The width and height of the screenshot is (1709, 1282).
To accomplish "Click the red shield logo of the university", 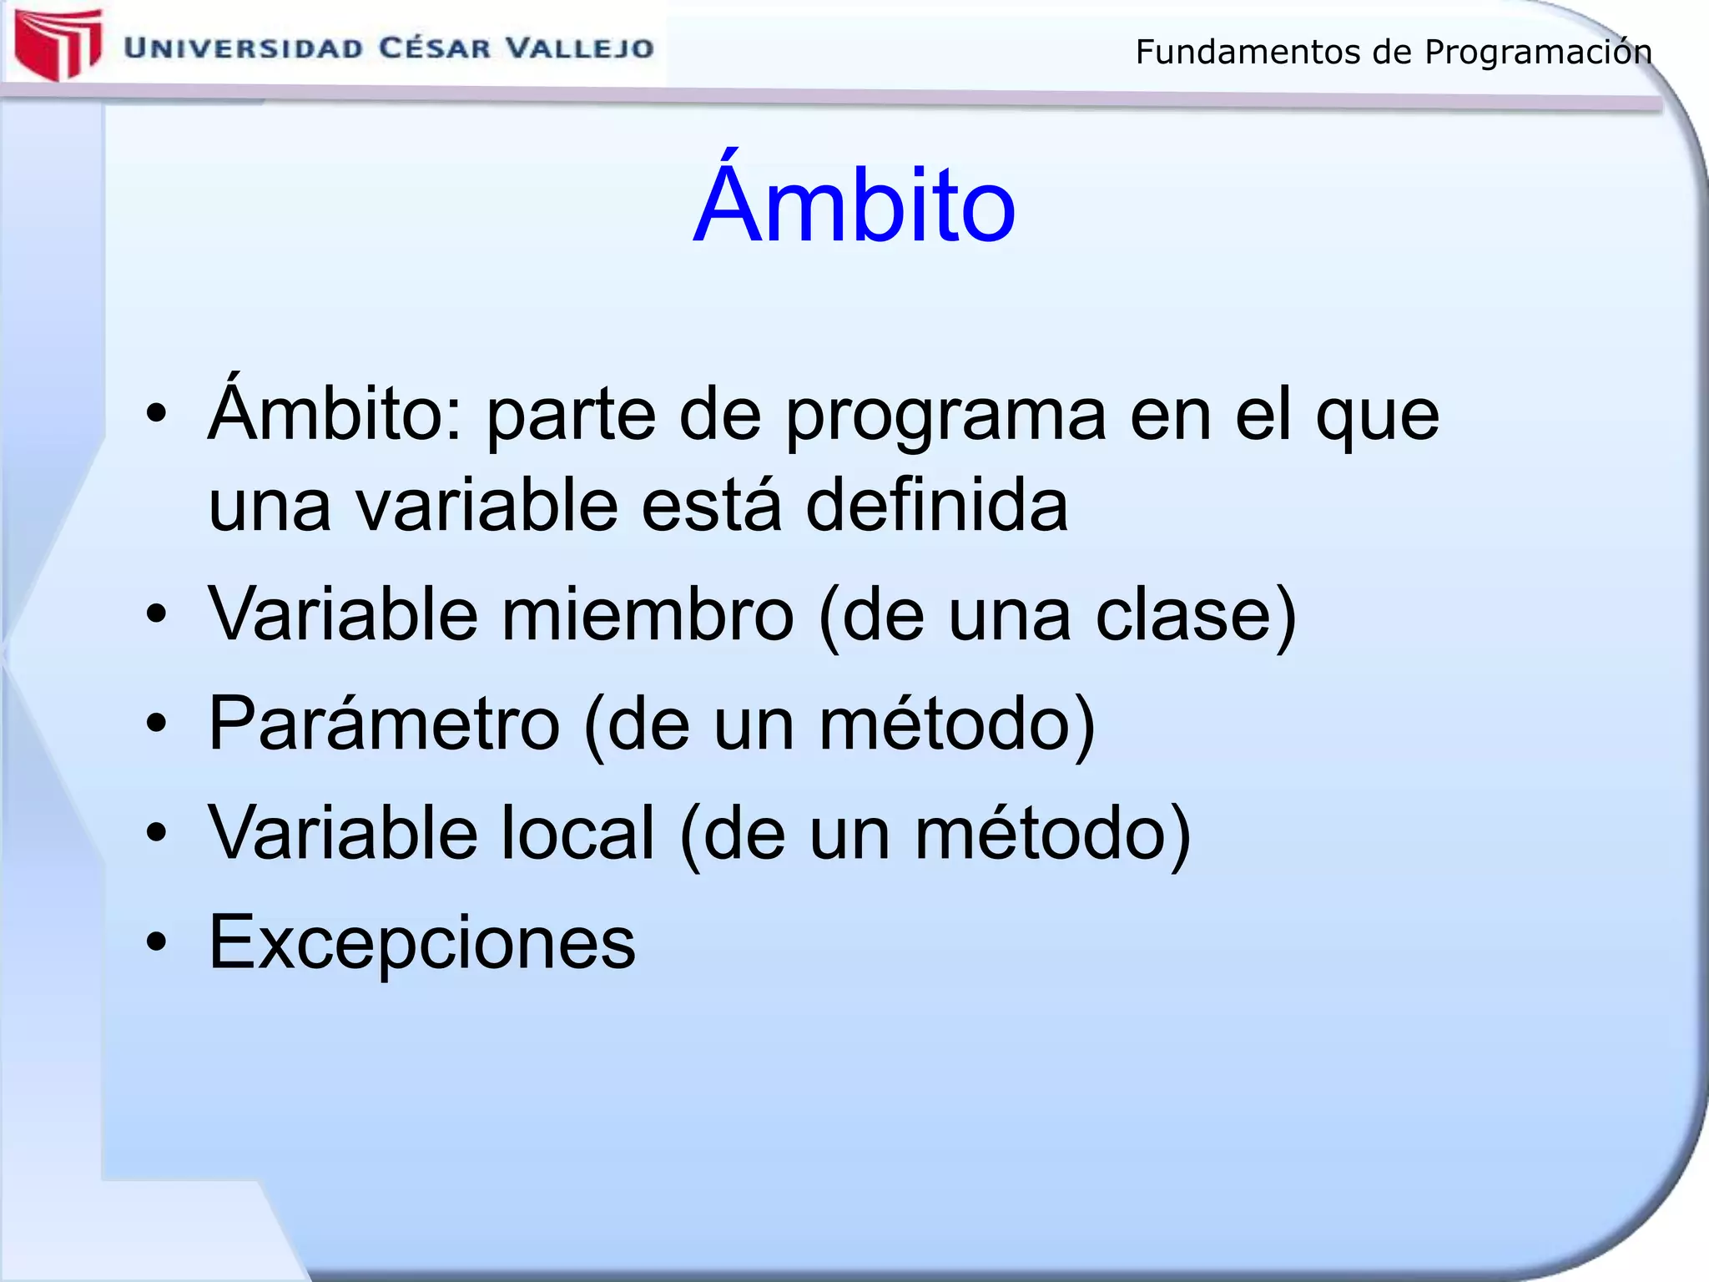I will click(57, 43).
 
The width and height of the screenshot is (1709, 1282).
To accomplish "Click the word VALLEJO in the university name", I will click(581, 48).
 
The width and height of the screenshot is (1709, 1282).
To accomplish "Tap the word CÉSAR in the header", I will click(435, 48).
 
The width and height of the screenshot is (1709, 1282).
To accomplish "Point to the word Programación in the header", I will click(1537, 53).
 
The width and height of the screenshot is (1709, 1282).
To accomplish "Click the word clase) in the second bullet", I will click(1196, 616).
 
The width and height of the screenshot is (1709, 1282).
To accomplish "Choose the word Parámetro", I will click(384, 724).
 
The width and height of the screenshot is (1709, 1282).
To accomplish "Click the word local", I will click(577, 834).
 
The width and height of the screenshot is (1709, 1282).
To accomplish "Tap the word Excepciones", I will click(421, 942).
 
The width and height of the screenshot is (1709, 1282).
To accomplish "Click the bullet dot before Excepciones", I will click(157, 942).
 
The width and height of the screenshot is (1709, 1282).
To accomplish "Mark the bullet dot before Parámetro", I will click(157, 724).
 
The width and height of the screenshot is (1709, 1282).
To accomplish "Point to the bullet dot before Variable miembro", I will click(157, 615).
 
